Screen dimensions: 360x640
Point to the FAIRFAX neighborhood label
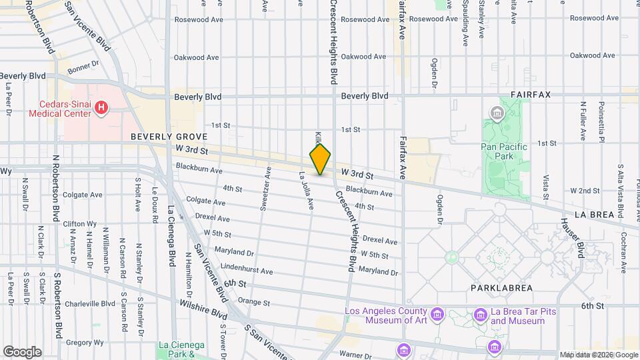coord(531,95)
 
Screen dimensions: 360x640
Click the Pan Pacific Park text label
coord(504,152)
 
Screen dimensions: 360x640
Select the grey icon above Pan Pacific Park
coord(497,114)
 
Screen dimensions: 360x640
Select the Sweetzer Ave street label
coord(265,189)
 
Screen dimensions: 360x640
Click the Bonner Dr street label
coord(83,65)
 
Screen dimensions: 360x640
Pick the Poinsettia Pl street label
coord(600,121)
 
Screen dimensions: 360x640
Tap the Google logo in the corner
coord(22,351)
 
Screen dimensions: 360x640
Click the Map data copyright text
coord(598,355)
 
